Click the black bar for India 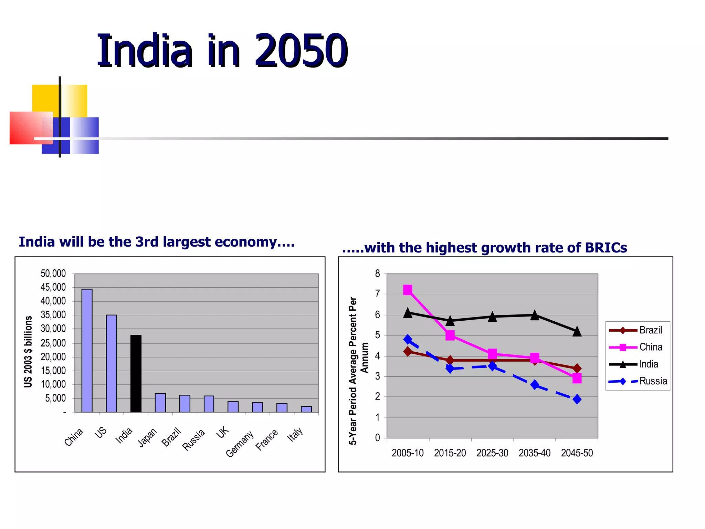(136, 373)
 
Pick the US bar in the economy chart (112, 363)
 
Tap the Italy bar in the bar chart (306, 409)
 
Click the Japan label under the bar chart (148, 437)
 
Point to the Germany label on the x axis (240, 444)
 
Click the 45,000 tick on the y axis (53, 287)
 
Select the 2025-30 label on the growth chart (492, 453)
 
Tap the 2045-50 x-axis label (577, 453)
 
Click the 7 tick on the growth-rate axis (378, 294)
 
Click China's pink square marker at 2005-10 (408, 290)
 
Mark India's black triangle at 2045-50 (577, 332)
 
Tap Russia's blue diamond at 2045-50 (577, 399)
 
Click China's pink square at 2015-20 (450, 335)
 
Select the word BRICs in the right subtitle (606, 248)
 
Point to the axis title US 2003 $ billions (28, 351)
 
